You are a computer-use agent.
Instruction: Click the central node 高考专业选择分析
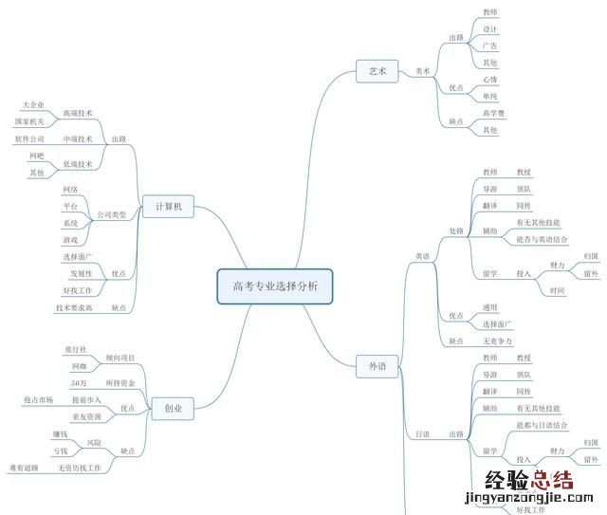pos(275,285)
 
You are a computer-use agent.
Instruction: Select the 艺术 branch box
pos(377,71)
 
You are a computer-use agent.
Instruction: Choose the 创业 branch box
pos(173,409)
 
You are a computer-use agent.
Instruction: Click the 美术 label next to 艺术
pos(423,71)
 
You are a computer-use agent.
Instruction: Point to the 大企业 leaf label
pos(33,104)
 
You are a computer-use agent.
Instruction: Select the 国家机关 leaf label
pos(29,121)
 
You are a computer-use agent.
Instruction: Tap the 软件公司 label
pos(29,138)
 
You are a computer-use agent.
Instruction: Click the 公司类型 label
pos(112,215)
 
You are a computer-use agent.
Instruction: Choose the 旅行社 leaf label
pos(75,350)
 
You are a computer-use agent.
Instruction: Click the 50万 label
pos(80,382)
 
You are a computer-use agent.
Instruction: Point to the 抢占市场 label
pos(39,399)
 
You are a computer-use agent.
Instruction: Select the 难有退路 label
pos(24,468)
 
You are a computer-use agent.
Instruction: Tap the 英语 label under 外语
pos(422,256)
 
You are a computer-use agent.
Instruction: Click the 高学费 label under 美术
pos(493,114)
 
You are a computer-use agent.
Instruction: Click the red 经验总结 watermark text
pos(528,479)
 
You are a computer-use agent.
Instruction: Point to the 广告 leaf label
pos(489,46)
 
